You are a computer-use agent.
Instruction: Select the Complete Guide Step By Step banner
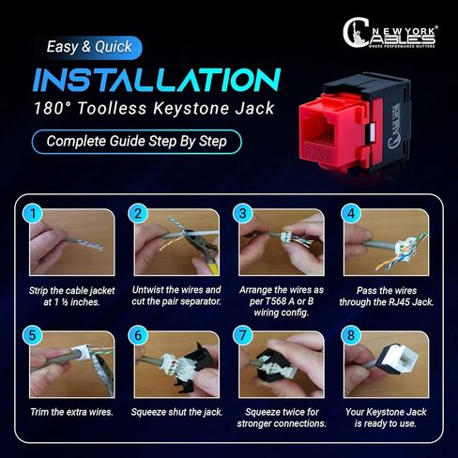(x=136, y=143)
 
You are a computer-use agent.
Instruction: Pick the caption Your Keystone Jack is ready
(x=388, y=416)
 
